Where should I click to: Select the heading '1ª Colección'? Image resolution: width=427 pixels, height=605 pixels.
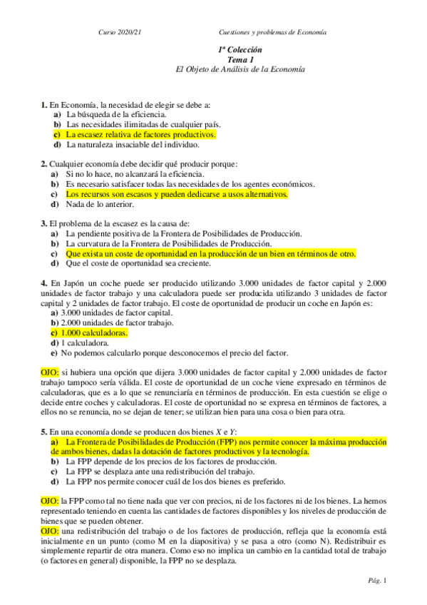click(240, 50)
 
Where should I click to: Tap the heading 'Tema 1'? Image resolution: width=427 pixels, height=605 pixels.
click(240, 60)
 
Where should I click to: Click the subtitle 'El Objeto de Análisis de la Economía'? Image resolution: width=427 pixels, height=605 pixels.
click(240, 70)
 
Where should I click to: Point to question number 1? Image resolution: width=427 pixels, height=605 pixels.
click(43, 104)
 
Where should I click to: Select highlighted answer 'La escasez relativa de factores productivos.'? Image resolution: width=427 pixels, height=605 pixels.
click(140, 133)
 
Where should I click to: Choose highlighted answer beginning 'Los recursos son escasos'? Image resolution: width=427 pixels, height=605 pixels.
click(177, 193)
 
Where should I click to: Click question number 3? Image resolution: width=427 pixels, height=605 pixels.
click(43, 223)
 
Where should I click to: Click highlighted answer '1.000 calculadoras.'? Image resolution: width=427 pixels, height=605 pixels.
click(94, 333)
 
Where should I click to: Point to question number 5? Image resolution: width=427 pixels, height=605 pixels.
click(43, 432)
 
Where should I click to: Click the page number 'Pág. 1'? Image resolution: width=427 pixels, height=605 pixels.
click(378, 581)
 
